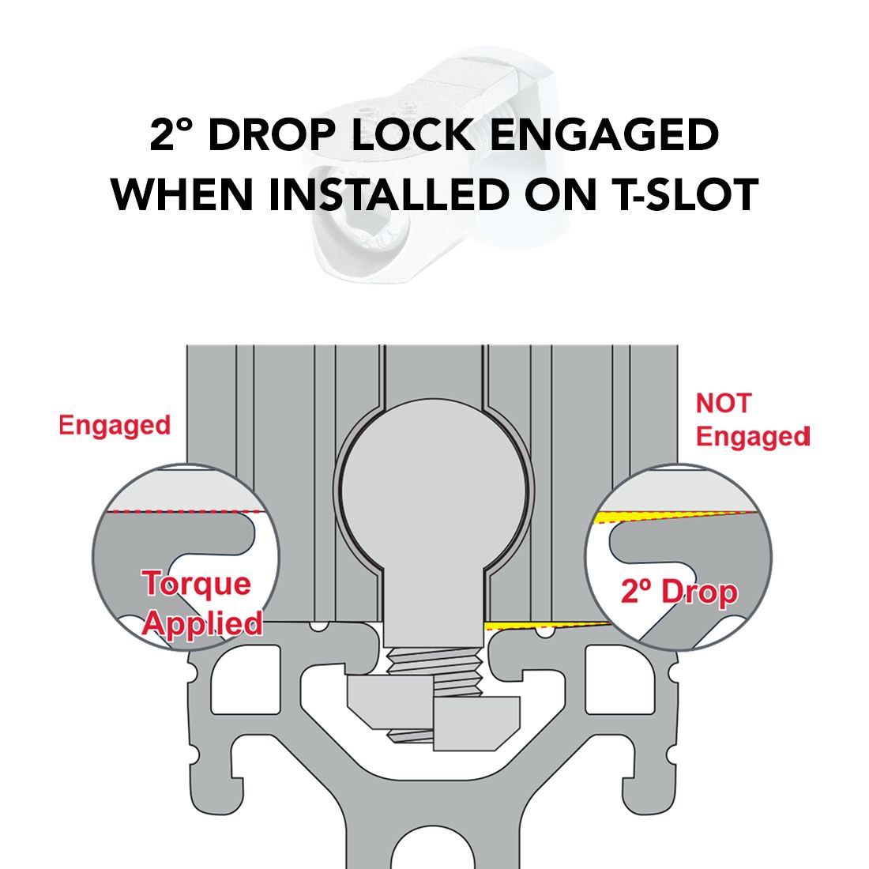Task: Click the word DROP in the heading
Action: (x=272, y=135)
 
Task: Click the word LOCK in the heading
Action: (x=412, y=135)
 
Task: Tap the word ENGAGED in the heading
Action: (x=604, y=135)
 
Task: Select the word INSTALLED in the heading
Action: (x=389, y=194)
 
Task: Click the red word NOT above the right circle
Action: (x=723, y=403)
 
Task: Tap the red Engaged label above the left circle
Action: (x=115, y=426)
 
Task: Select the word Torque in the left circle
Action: (x=197, y=584)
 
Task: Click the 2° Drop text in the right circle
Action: (x=679, y=592)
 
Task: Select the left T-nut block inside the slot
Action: (x=388, y=701)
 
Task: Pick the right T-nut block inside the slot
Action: (x=476, y=723)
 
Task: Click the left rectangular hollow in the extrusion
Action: (x=246, y=679)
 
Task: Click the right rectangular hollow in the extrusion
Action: (x=619, y=679)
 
